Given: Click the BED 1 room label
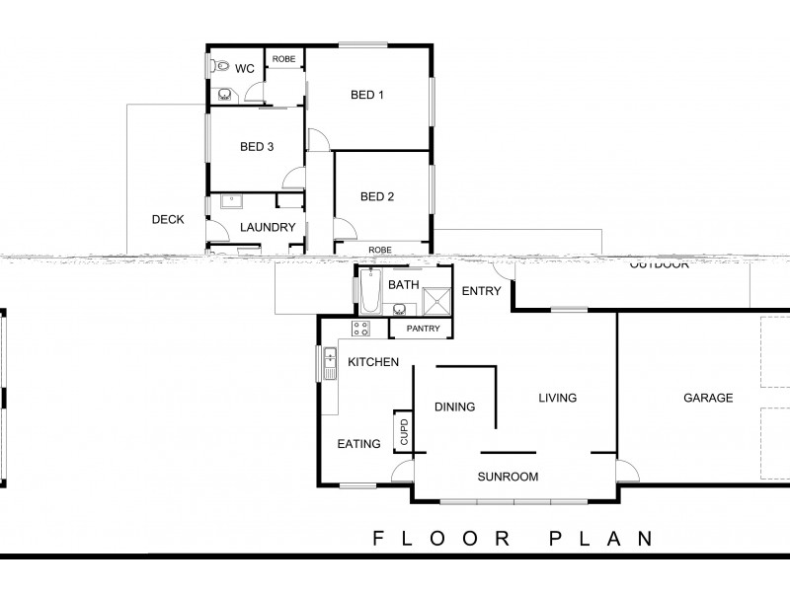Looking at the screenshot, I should point(367,96).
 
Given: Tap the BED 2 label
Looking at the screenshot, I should point(377,196).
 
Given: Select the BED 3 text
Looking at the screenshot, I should point(257,147).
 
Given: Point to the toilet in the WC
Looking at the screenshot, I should point(221,67).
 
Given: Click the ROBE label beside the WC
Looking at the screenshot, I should point(283,60).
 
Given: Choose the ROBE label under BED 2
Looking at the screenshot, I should point(380,250).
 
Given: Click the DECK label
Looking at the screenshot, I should point(168,220).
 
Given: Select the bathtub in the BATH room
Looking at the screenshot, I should point(371,291).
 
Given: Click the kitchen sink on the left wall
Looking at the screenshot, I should point(327,364).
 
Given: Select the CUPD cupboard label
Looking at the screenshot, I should point(403,431).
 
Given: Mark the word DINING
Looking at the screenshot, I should point(455,407).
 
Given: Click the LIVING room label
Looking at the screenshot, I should point(557,399).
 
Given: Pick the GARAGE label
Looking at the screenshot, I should point(708,399).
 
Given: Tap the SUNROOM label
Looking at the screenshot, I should point(509,477).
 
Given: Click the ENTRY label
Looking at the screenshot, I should point(482,291).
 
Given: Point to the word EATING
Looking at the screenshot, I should point(358,444).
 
